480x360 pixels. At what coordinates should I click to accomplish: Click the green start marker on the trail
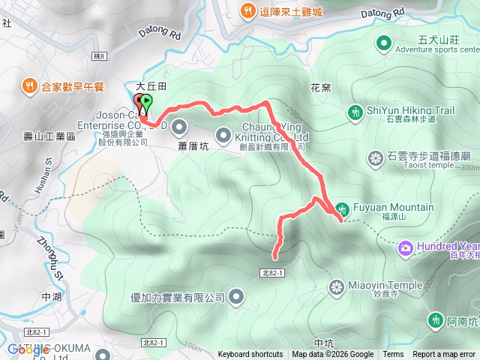[146, 100]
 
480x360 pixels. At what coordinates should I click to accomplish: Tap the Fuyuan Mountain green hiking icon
[342, 208]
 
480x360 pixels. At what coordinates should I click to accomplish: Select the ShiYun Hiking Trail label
[410, 111]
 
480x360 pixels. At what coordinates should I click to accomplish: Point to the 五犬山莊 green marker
[384, 43]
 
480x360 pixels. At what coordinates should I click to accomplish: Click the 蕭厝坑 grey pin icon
[179, 125]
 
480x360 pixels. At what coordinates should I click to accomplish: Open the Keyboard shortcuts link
[250, 355]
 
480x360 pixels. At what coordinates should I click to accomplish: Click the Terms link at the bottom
[393, 355]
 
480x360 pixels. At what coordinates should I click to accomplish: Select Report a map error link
[444, 355]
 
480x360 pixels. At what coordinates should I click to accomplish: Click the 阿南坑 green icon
[435, 320]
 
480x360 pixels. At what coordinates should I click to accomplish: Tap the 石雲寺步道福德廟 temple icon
[376, 158]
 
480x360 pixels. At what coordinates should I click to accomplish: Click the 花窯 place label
[320, 88]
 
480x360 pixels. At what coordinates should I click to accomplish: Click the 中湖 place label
[52, 297]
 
